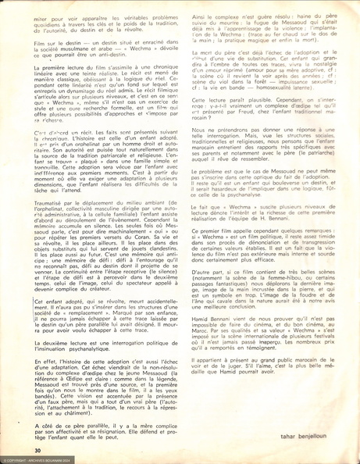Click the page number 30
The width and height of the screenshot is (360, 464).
[37, 451]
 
